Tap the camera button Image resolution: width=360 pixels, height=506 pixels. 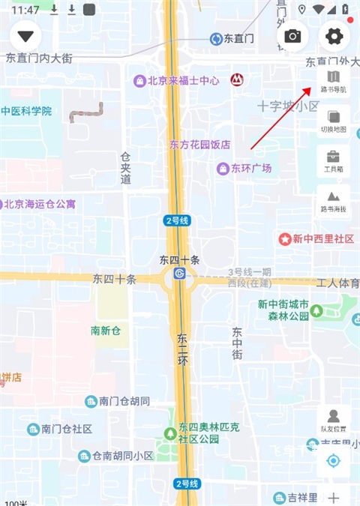tap(292, 36)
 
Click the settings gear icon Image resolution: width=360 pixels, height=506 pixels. tap(334, 36)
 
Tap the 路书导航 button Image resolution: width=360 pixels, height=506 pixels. tap(334, 81)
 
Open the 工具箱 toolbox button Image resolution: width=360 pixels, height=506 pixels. tap(334, 161)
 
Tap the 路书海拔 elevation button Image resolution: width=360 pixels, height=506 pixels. tap(334, 201)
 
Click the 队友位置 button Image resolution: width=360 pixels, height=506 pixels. tap(334, 421)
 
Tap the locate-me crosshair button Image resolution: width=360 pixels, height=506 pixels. tap(334, 460)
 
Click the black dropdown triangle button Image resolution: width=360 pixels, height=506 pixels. tap(27, 36)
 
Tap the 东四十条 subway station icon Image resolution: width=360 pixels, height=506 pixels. tap(179, 274)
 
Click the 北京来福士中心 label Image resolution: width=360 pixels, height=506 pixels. tap(183, 80)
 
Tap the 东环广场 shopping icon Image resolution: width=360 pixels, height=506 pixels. tap(222, 169)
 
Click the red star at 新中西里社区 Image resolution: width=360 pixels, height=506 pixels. tap(285, 239)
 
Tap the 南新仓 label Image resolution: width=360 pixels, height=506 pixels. tap(106, 331)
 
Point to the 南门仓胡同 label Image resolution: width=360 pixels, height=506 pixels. tap(124, 401)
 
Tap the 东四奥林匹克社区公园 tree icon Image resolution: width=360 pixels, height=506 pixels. tap(170, 433)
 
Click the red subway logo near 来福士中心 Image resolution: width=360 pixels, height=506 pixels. tap(236, 77)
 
